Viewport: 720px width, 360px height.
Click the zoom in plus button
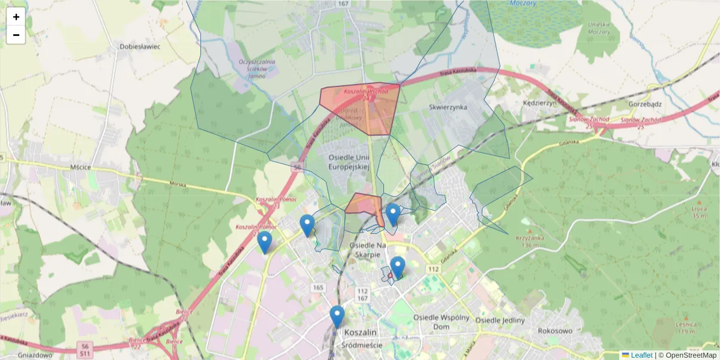point(16,17)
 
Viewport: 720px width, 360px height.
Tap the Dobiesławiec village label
point(140,46)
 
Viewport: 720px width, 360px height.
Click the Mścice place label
point(79,167)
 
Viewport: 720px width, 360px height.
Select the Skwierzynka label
point(448,107)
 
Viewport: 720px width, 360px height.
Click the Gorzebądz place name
point(645,103)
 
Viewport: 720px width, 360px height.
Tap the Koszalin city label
point(360,332)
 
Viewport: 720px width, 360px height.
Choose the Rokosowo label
point(556,331)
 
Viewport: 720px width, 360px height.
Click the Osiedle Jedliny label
point(500,320)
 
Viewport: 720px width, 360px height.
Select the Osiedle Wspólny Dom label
point(440,322)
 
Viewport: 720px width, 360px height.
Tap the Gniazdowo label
point(21,355)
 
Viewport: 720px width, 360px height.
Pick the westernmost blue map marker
point(264,242)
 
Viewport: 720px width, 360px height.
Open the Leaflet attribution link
point(641,355)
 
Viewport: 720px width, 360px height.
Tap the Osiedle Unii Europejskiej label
point(348,162)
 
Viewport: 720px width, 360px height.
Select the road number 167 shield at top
point(343,4)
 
